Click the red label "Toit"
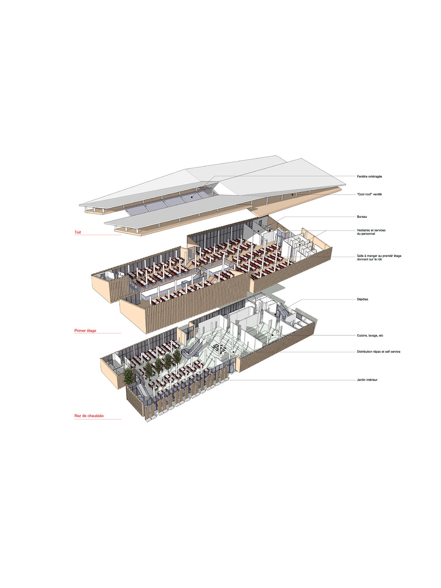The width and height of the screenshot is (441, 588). point(78,232)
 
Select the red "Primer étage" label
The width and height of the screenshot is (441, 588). point(85,331)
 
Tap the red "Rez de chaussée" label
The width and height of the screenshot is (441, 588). point(89,416)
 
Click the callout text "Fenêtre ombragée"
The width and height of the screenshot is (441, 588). point(369,176)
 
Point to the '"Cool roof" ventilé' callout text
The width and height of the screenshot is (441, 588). point(369,194)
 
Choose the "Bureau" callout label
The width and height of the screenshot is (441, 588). point(362,217)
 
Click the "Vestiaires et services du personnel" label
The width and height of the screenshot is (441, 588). point(371,232)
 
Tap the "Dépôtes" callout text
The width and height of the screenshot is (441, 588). point(363,299)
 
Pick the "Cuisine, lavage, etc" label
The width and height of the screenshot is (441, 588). point(370,335)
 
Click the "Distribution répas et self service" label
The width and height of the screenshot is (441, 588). point(379,351)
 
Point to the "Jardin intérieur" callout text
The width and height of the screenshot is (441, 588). point(367,380)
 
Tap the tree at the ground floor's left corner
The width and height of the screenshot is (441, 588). point(129,376)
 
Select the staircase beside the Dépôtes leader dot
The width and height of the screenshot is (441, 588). point(282,313)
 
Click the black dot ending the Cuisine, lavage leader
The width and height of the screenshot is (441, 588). point(272,334)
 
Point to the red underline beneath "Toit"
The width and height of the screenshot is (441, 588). point(98,235)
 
